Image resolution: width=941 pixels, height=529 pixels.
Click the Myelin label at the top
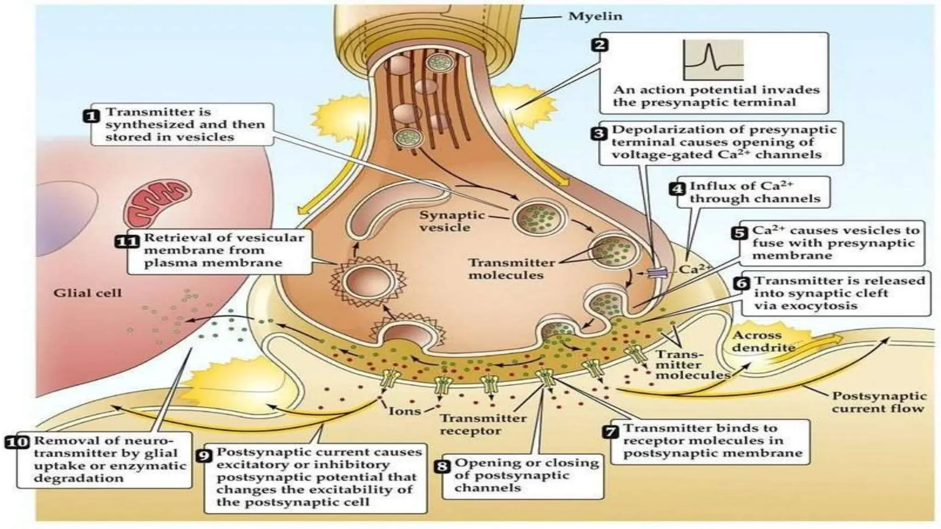pyautogui.click(x=595, y=17)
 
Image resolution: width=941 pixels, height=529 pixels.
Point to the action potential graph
pyautogui.click(x=713, y=60)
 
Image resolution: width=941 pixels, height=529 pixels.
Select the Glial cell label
pyautogui.click(x=87, y=293)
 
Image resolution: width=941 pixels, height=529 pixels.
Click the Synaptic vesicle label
pyautogui.click(x=445, y=221)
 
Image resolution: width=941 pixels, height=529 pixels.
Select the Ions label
pyautogui.click(x=404, y=411)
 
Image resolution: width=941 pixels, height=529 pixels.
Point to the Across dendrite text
pyautogui.click(x=763, y=342)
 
